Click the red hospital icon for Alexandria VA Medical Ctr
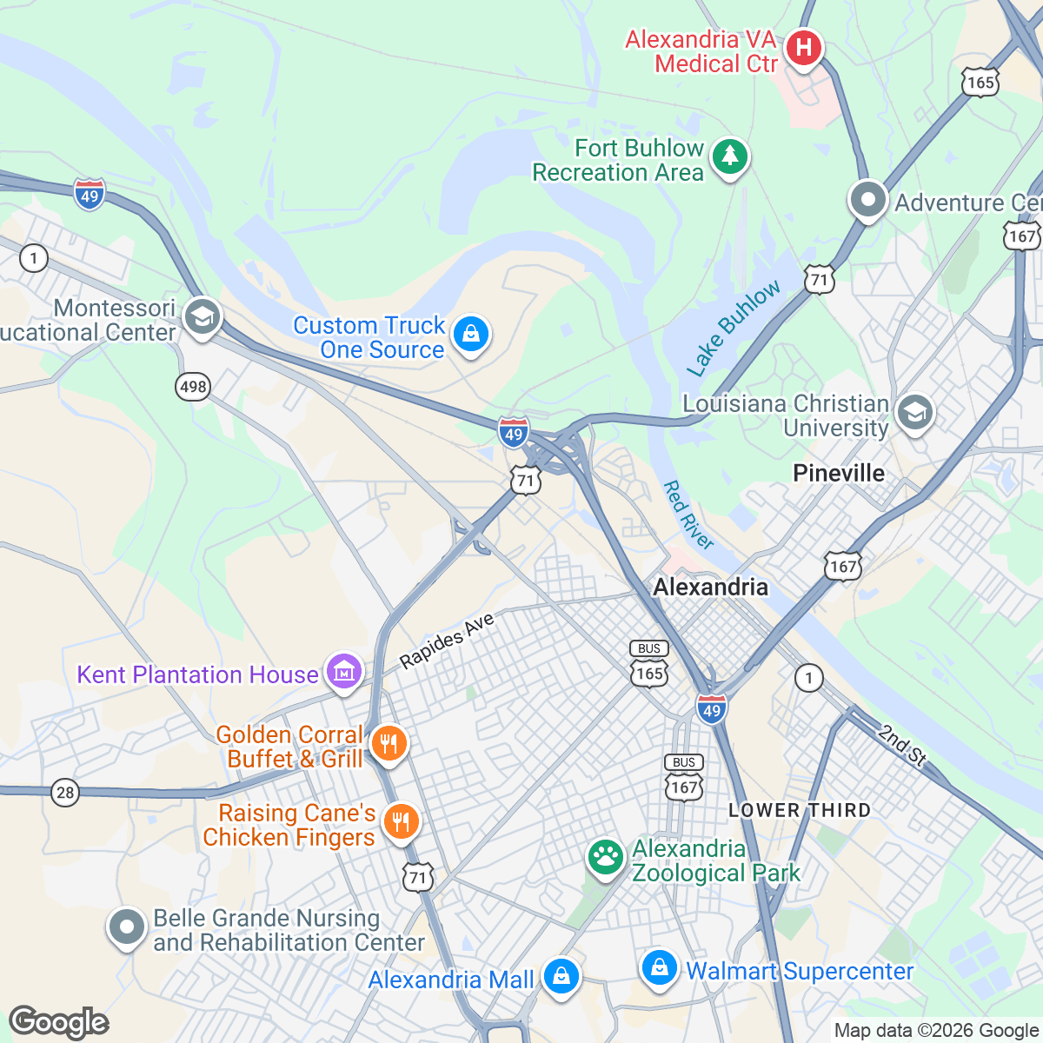click(x=804, y=47)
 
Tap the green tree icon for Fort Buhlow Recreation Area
click(x=730, y=157)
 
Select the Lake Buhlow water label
click(x=734, y=329)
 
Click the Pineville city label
click(x=839, y=473)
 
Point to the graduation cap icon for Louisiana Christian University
click(x=914, y=413)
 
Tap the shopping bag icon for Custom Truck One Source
click(x=471, y=334)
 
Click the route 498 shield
click(x=193, y=386)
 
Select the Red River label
click(x=688, y=515)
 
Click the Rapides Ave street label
click(x=447, y=641)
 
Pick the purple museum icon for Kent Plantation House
click(x=344, y=672)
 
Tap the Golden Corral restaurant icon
click(x=389, y=744)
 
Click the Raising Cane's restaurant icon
click(x=401, y=820)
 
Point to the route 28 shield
click(x=64, y=792)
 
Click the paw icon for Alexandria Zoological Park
click(x=605, y=858)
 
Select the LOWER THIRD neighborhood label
click(x=800, y=810)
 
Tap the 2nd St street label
click(x=902, y=746)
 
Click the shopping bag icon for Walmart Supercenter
click(x=659, y=967)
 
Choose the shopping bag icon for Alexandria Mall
click(x=561, y=976)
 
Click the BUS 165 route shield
click(x=649, y=664)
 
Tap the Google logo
click(x=59, y=1022)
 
